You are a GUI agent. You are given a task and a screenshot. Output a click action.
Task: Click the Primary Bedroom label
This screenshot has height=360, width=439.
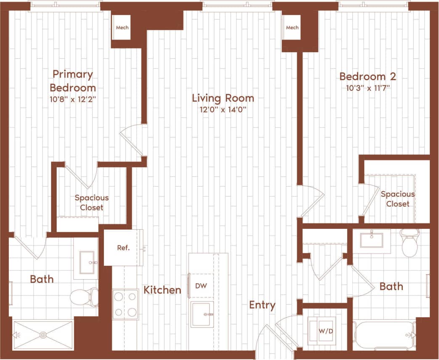pos(72,81)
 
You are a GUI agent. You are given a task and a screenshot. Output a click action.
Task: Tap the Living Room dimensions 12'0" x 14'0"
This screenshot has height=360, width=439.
pos(223,110)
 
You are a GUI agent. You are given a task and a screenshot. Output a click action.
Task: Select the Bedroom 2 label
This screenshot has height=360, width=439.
pos(367,77)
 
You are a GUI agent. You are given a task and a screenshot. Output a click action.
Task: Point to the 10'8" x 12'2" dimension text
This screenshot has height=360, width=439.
pos(72,100)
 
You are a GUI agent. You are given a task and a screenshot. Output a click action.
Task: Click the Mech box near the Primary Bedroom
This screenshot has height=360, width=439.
pos(122,28)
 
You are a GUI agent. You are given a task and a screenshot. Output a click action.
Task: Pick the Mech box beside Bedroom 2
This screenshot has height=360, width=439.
pos(292,28)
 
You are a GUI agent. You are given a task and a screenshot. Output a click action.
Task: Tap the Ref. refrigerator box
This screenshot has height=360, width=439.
pos(123,248)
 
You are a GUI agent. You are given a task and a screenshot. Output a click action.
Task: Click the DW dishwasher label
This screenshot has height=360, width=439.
pos(201,286)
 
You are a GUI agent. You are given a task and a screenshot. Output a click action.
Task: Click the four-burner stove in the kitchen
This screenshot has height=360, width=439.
pos(125,304)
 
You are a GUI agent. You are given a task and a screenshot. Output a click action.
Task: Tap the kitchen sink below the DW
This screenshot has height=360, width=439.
pos(202,314)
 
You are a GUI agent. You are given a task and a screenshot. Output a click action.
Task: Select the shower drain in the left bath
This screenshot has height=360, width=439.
pos(43,335)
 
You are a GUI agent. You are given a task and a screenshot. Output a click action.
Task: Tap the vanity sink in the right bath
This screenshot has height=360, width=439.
pos(372,239)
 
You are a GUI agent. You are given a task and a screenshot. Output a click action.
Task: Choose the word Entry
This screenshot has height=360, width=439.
pos(262,305)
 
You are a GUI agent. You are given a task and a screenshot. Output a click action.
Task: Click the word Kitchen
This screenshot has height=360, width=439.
pos(162,290)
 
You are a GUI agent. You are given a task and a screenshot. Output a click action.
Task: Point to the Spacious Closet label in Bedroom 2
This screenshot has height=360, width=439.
pos(397,199)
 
